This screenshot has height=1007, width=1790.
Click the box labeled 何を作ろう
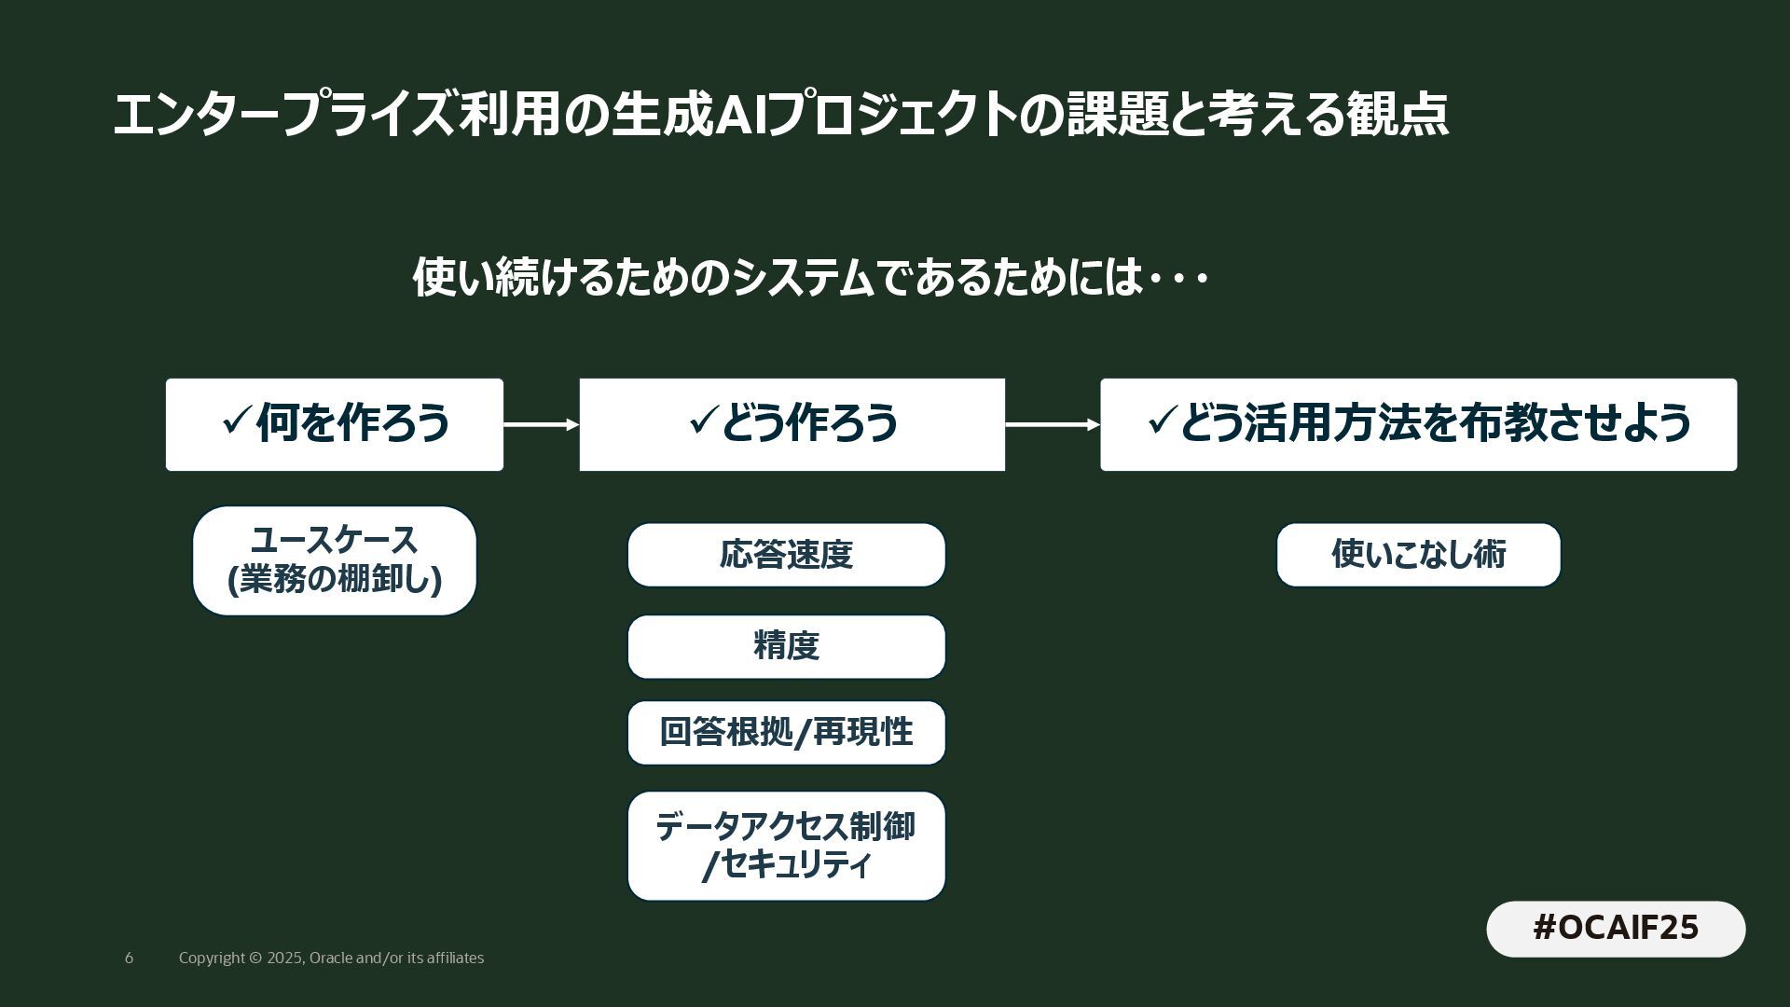tap(334, 424)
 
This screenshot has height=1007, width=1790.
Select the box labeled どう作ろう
tap(792, 424)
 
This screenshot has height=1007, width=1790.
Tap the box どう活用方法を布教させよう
tap(1418, 424)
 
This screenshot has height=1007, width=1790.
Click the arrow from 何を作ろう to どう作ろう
tap(541, 425)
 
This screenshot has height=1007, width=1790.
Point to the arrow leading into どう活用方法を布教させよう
tap(1052, 425)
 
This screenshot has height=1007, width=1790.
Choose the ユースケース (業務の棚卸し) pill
tap(334, 561)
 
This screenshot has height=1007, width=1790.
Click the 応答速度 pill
tap(786, 555)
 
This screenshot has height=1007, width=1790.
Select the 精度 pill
tap(786, 646)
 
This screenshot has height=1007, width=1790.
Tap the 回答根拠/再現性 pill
tap(786, 733)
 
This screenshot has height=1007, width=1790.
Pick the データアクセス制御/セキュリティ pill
tap(786, 846)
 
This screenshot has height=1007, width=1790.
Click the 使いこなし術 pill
tap(1418, 555)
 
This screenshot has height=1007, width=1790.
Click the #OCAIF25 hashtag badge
tap(1616, 929)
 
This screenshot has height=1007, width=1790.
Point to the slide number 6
tap(129, 959)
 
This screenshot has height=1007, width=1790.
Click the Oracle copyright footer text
tap(331, 959)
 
